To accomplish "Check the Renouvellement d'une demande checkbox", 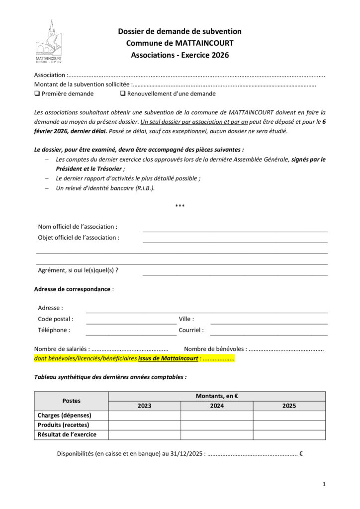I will pos(122,93).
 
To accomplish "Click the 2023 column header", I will pos(145,406).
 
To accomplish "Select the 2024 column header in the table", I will pos(217,406).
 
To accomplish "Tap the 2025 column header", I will pos(289,406).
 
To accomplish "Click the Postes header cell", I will pos(71,401).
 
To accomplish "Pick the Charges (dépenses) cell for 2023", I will pos(145,416).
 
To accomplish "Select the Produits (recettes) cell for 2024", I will pos(217,425).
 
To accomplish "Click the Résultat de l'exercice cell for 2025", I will pos(289,435).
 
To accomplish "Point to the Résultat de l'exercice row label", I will pos(67,435).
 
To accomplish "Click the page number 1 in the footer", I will pos(324,484).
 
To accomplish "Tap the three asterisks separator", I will pos(180,206).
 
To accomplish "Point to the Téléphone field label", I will pos(54,330).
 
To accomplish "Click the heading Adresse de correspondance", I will pos(73,289).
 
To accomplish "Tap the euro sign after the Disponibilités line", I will pos(301,453).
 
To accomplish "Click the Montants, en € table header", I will pos(217,396).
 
